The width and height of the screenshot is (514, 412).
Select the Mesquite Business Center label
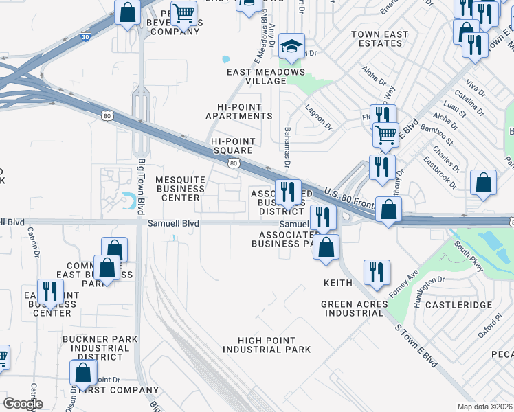[180, 189]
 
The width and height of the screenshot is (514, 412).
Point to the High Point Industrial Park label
[267, 345]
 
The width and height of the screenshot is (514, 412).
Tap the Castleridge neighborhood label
[458, 304]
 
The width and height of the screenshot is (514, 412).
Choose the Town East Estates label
[379, 38]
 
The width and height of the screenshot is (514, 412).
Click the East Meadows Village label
[266, 76]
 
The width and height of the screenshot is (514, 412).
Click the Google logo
[23, 403]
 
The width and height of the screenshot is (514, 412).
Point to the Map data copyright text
[484, 407]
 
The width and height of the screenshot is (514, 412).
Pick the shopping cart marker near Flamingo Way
[385, 135]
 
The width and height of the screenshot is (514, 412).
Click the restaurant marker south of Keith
[377, 271]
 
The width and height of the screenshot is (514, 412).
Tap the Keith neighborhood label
[338, 283]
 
